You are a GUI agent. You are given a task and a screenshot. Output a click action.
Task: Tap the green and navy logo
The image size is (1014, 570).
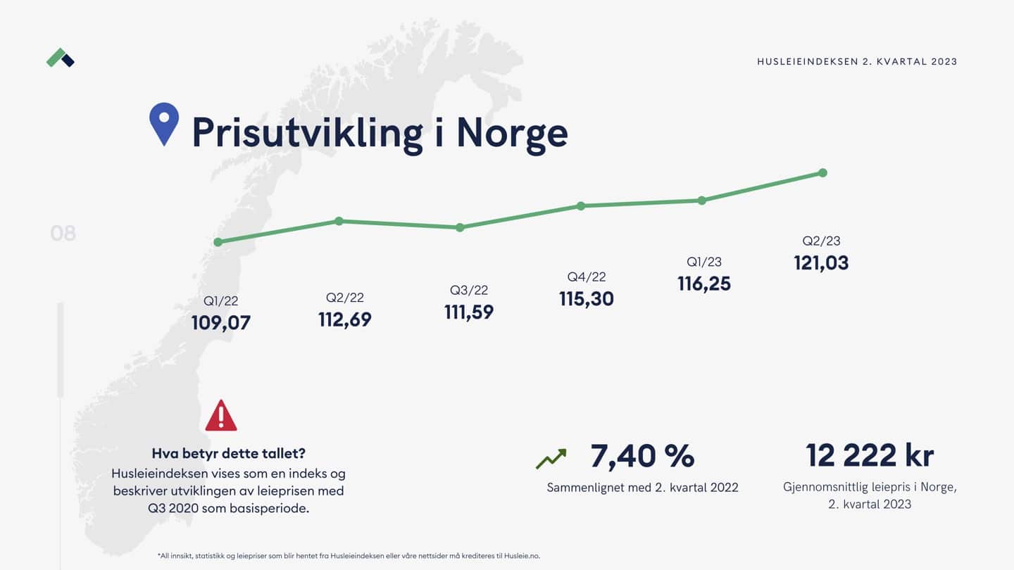61,58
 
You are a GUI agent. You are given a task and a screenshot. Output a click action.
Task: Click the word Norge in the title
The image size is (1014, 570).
512,132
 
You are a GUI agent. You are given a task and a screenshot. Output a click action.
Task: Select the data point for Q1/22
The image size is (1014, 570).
218,242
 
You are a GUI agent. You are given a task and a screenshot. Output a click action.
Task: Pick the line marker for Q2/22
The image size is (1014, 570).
339,221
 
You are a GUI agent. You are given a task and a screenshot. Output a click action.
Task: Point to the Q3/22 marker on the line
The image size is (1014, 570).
460,227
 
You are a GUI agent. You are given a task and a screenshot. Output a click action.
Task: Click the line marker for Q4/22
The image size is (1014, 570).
581,205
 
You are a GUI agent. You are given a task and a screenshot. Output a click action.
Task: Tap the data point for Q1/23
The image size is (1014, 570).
702,201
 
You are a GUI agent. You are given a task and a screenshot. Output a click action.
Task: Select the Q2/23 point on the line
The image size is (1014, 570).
822,173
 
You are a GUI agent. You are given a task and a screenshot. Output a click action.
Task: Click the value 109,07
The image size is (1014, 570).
221,323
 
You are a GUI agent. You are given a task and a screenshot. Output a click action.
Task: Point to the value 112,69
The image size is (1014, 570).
345,319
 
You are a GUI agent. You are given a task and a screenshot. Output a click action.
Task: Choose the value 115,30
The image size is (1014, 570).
587,299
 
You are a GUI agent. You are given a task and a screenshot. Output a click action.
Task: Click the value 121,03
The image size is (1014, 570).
821,263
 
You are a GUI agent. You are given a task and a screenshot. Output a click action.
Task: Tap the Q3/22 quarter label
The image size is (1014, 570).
469,291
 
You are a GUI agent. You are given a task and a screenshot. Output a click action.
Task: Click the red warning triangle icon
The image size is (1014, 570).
221,416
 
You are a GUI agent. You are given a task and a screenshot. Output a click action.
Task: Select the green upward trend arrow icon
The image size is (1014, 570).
551,459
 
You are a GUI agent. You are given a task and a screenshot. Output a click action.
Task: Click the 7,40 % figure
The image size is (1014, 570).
642,457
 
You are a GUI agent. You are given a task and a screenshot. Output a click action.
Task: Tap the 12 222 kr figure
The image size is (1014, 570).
870,455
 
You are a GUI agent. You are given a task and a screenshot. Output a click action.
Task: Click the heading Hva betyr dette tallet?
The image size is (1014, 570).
229,453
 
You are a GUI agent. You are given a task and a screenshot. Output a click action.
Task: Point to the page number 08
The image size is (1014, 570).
63,233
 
